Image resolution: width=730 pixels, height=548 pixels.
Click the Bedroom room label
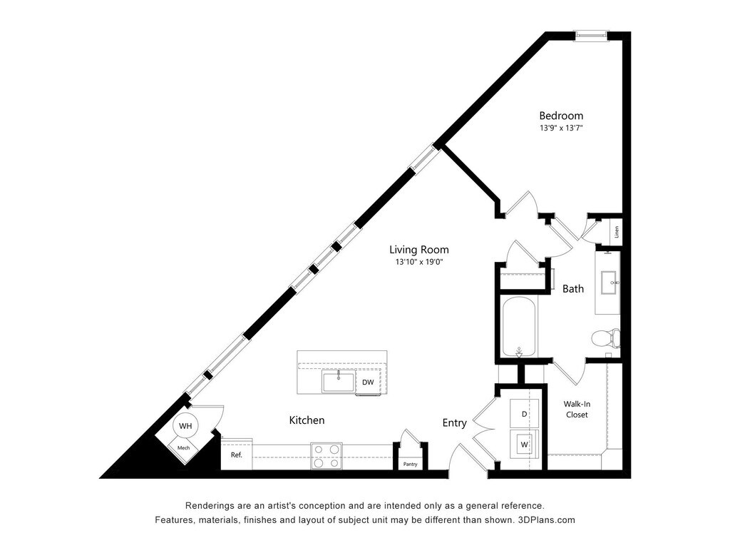[x=561, y=116]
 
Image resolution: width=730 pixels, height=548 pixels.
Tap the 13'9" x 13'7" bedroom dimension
[x=561, y=128]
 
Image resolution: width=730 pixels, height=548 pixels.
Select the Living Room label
[x=419, y=250]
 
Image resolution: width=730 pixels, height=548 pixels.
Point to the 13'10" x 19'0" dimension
[x=419, y=263]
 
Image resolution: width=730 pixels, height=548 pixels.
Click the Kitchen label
[x=307, y=420]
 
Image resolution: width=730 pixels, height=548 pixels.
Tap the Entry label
[x=455, y=423]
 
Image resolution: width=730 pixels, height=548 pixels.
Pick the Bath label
[x=573, y=289]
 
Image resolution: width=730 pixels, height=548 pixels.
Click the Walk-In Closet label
[x=577, y=409]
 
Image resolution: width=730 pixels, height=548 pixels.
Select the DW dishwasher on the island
[x=368, y=382]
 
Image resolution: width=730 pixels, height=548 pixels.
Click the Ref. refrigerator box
[x=236, y=455]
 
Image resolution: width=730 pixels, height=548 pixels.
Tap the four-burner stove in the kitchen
[x=326, y=455]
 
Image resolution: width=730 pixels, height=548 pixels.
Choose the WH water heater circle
[x=185, y=426]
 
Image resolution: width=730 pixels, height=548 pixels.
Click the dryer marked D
[x=525, y=414]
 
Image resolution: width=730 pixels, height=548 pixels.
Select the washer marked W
[x=525, y=444]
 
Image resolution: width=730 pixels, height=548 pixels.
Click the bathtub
[x=518, y=327]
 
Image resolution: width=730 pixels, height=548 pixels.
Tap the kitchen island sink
[x=338, y=382]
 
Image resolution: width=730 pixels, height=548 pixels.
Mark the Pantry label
[x=410, y=465]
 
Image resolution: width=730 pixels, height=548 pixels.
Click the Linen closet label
[x=617, y=231]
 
